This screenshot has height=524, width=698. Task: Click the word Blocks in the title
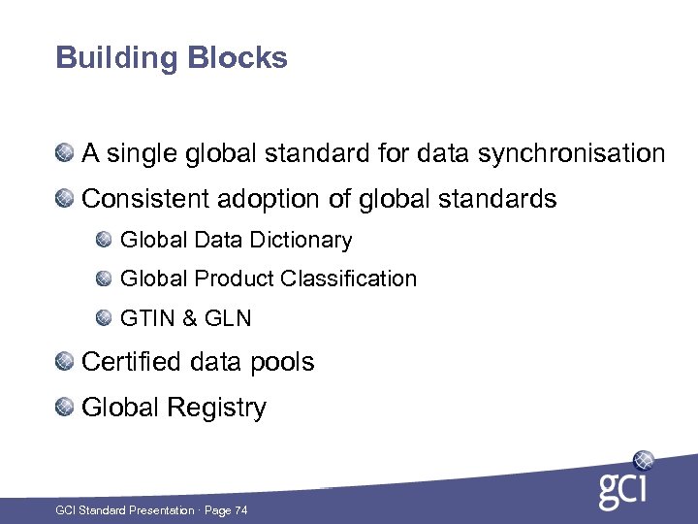(238, 58)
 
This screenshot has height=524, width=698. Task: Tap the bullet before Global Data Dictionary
(104, 239)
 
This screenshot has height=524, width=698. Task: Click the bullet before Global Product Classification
(104, 278)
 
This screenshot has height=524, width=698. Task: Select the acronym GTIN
(146, 317)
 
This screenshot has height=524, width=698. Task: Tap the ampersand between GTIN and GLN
(190, 317)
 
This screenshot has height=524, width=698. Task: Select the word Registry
(221, 408)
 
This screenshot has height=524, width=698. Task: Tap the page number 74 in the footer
(240, 509)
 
